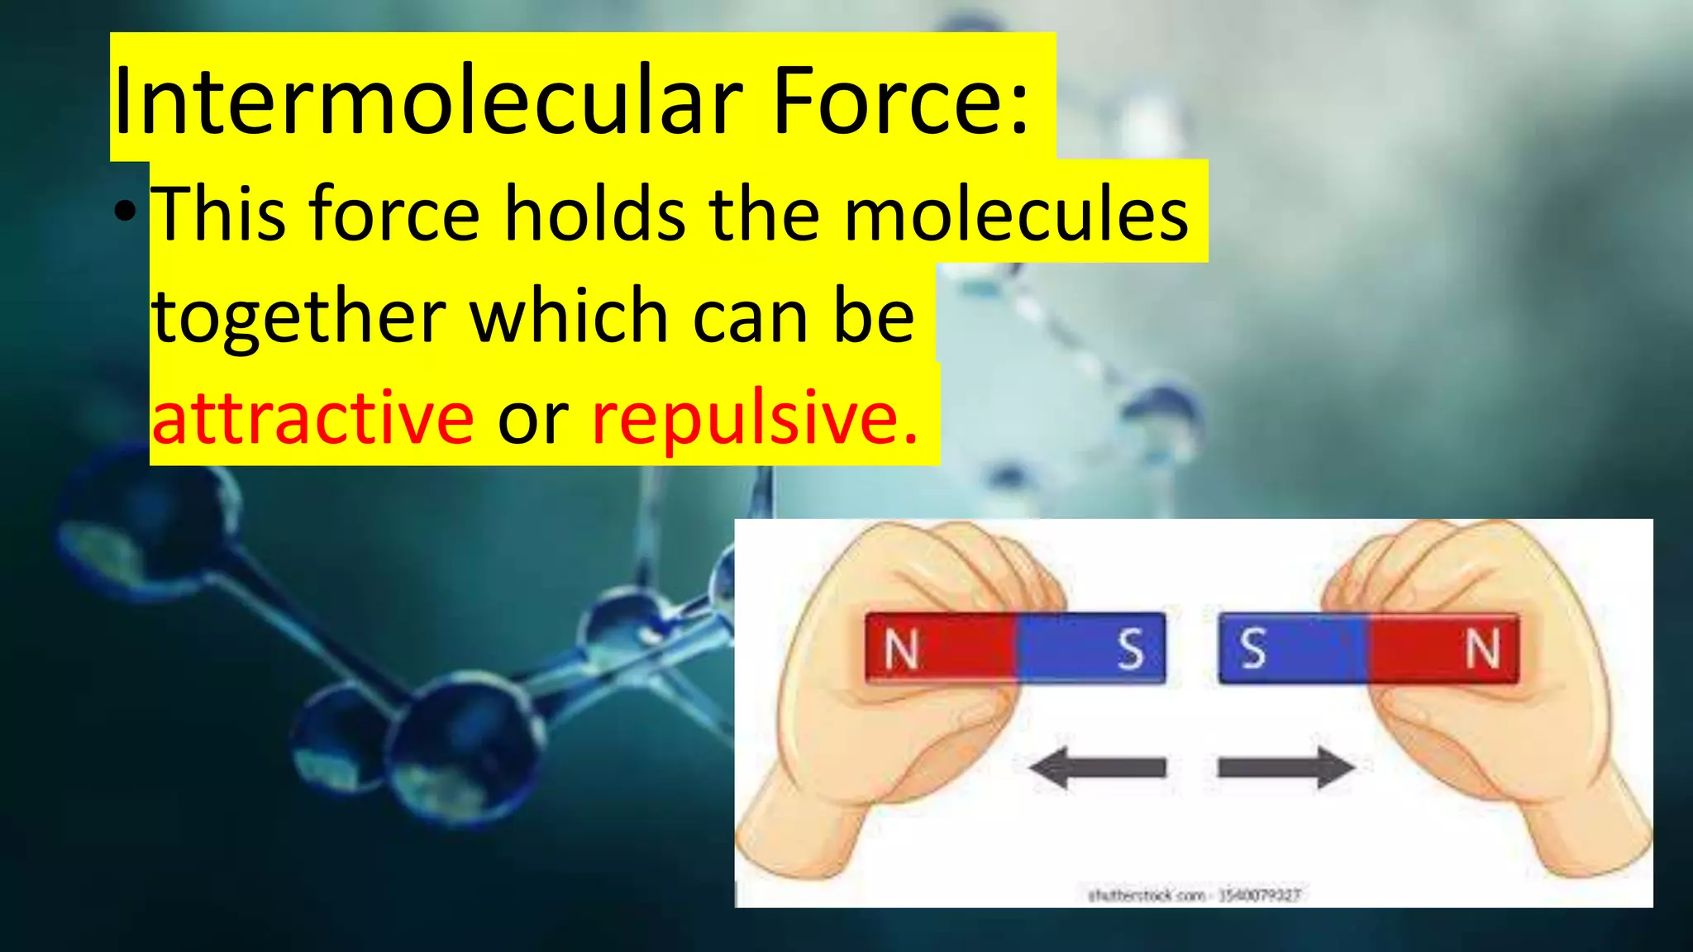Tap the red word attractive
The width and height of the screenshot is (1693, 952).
pyautogui.click(x=312, y=418)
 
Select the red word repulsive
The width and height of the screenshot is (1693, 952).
pyautogui.click(x=755, y=418)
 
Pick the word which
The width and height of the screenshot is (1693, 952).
pyautogui.click(x=570, y=317)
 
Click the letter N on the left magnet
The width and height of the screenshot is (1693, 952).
pyautogui.click(x=901, y=650)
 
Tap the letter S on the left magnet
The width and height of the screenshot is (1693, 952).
pyautogui.click(x=1130, y=650)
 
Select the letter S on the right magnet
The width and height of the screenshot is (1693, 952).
pyautogui.click(x=1253, y=649)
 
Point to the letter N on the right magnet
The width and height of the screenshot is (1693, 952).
pyautogui.click(x=1482, y=649)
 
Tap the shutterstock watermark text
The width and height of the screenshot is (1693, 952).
pyautogui.click(x=1194, y=895)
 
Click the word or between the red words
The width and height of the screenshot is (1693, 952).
pyautogui.click(x=532, y=418)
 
